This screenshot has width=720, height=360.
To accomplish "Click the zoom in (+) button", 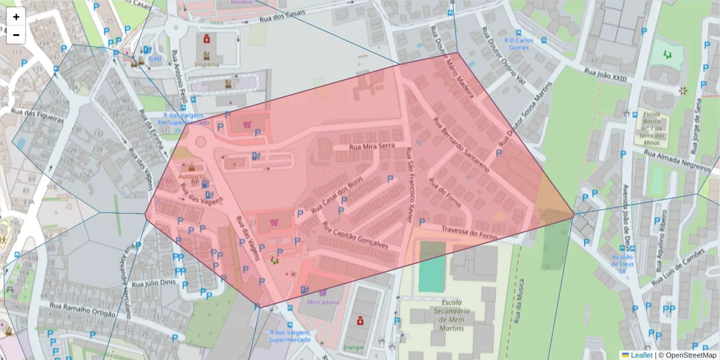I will (x=16, y=17).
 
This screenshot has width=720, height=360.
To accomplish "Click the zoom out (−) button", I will (x=16, y=35).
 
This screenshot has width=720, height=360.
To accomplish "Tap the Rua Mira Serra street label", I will (x=371, y=146).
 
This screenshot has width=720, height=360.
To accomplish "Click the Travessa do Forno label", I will (x=469, y=232).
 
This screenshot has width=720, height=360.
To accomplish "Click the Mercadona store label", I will (x=323, y=302).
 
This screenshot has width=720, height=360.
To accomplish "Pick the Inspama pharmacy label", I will (x=206, y=64).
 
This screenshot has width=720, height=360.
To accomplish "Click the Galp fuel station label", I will (x=155, y=58).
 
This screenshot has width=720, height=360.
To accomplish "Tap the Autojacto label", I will (x=190, y=176).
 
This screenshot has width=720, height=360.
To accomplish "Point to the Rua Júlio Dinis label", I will (x=153, y=283).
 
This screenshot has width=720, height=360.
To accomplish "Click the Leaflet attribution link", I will (x=641, y=355).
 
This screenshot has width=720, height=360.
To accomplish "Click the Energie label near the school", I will (x=353, y=347).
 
